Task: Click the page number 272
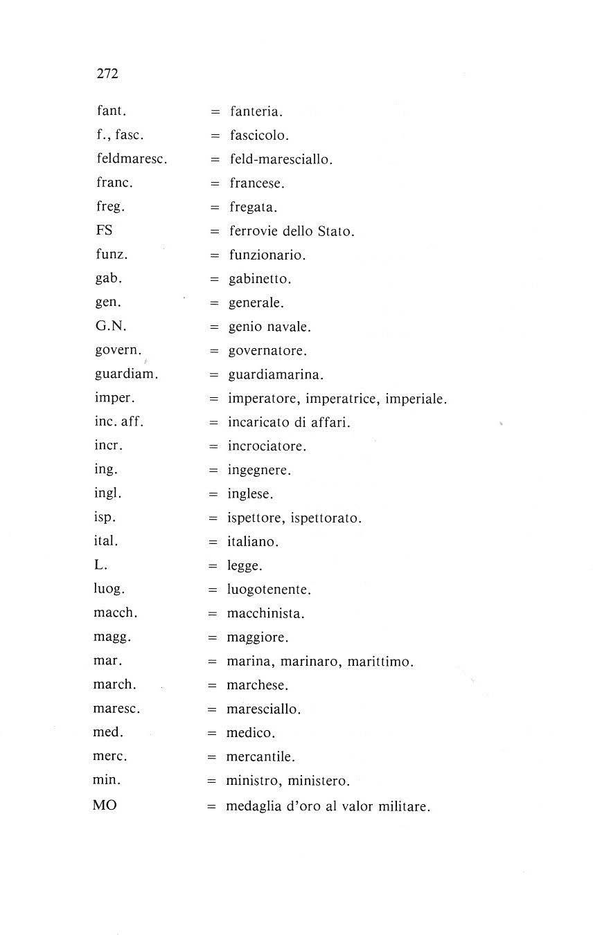point(107,74)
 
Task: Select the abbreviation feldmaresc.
point(132,159)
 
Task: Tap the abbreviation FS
point(104,230)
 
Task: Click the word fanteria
point(256,111)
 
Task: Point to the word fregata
point(253,208)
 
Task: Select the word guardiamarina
point(276,375)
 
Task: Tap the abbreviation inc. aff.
point(118,421)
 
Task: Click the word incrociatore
point(267,446)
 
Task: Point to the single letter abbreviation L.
point(100,565)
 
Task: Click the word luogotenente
point(269,590)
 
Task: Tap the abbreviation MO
point(104,806)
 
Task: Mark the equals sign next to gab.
point(215,279)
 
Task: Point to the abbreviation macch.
point(115,613)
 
